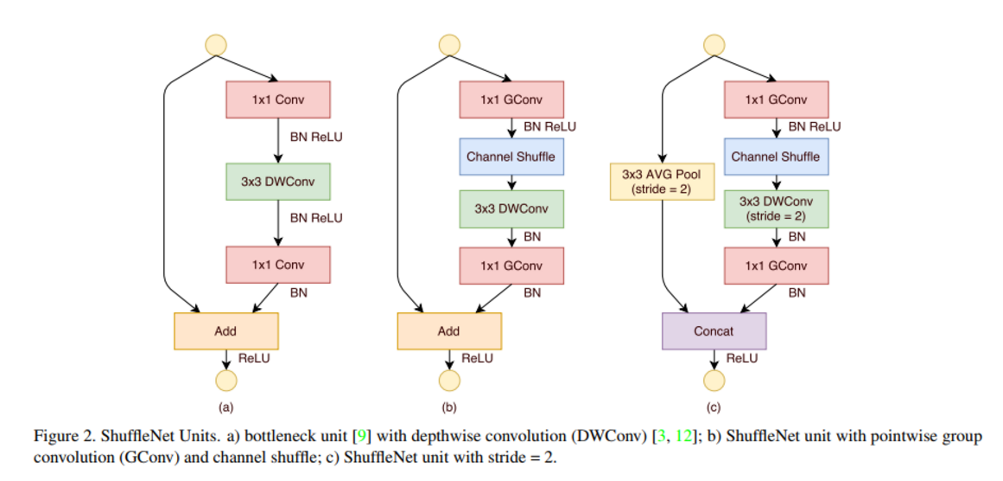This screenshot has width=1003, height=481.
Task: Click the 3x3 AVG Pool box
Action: (660, 182)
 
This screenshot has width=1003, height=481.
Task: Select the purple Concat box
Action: (714, 331)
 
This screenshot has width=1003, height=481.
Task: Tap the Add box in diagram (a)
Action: (225, 331)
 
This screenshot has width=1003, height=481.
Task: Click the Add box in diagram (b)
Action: (448, 331)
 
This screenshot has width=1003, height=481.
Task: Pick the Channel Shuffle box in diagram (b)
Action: (511, 157)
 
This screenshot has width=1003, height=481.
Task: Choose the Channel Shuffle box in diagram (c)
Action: (775, 157)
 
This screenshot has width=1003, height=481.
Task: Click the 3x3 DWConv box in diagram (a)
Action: (278, 182)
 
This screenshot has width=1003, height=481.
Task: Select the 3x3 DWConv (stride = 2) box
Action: (775, 209)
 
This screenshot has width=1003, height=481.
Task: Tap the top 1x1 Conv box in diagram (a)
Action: (278, 99)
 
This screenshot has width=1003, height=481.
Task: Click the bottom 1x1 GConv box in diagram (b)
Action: (511, 266)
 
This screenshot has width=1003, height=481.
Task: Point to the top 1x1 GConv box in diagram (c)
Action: (775, 99)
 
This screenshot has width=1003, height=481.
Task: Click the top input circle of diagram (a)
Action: (215, 43)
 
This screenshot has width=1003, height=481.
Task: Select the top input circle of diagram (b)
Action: (448, 43)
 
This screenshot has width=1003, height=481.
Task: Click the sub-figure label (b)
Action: (448, 407)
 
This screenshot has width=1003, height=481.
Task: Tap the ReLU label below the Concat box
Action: (742, 358)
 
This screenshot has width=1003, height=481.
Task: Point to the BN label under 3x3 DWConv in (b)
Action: (532, 236)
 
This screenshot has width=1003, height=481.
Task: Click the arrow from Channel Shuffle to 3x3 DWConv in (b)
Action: (511, 181)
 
